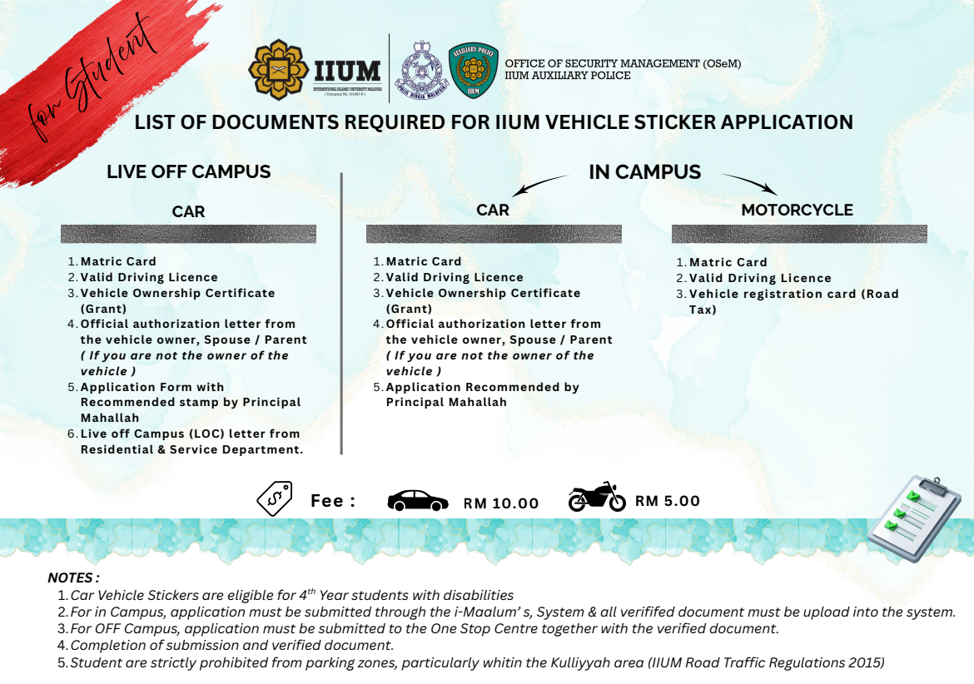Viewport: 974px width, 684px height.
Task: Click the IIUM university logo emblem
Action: (x=278, y=68)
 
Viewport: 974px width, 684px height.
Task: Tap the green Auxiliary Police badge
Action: (x=473, y=71)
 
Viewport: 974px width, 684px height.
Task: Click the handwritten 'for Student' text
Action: (x=92, y=79)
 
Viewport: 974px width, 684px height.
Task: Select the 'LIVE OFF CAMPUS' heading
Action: (x=188, y=172)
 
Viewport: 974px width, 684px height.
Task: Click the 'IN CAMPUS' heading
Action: (x=644, y=172)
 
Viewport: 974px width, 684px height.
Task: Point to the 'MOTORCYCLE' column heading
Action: (x=797, y=210)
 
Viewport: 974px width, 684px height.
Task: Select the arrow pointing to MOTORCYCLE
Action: (x=748, y=183)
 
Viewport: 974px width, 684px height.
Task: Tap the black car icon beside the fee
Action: (x=418, y=500)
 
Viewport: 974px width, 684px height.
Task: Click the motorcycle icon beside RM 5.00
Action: (x=597, y=497)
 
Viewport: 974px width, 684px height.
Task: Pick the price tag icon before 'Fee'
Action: (x=274, y=498)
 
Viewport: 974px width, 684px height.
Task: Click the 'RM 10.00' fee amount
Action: (x=501, y=503)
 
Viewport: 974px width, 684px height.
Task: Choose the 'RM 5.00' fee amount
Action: (x=667, y=501)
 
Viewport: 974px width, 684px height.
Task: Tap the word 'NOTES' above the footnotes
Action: (x=73, y=577)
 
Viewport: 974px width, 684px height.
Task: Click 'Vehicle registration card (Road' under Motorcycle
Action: (x=793, y=294)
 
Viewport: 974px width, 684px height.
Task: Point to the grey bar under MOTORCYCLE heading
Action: (x=799, y=234)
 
